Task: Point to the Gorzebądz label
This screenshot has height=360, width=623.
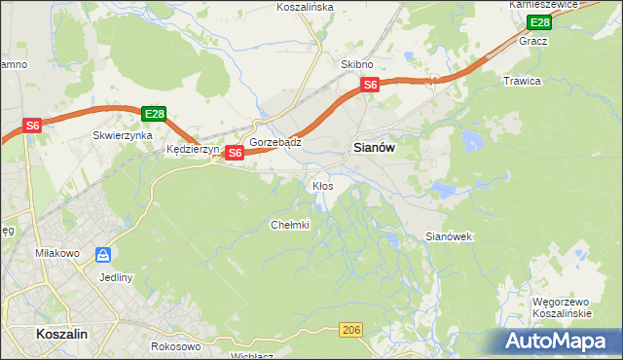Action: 275,141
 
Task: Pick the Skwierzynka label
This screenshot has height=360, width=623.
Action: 123,136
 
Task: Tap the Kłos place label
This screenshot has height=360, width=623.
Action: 322,185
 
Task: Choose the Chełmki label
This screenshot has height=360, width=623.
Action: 289,225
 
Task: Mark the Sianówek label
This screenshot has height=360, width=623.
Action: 449,236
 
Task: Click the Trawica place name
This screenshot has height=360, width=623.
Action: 522,81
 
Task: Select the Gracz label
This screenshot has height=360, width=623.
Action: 533,42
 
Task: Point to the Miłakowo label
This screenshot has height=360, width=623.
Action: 55,253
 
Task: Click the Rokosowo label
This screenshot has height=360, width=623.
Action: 176,346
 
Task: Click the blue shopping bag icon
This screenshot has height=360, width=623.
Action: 103,255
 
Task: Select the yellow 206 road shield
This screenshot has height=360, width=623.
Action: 352,332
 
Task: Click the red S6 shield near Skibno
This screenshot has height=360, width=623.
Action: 370,86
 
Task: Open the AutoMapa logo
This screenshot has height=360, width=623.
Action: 559,341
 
